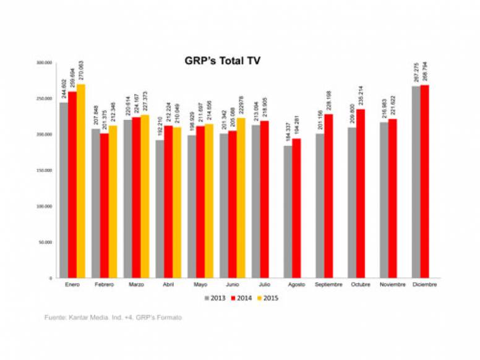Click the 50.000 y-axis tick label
(45, 242)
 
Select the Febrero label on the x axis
(103, 285)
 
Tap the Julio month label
(264, 285)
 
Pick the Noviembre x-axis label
(392, 285)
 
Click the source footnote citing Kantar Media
(113, 317)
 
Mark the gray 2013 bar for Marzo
(127, 199)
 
